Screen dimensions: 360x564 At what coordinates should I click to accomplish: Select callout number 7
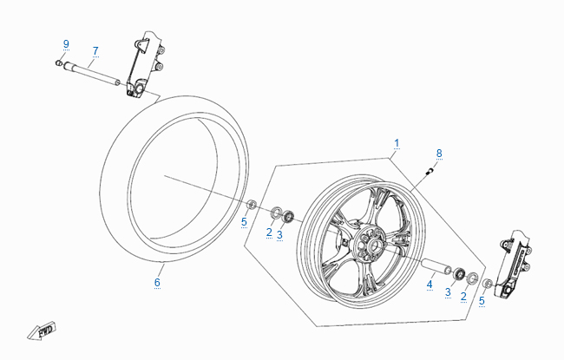click(x=95, y=50)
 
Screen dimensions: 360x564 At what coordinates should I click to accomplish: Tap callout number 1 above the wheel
click(x=397, y=142)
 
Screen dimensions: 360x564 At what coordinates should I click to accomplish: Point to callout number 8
click(x=439, y=153)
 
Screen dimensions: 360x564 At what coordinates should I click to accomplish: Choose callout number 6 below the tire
click(x=158, y=283)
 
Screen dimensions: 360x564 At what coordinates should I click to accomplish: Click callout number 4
click(x=430, y=283)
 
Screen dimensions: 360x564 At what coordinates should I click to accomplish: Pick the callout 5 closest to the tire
click(x=244, y=222)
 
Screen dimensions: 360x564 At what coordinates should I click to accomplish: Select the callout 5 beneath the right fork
click(x=482, y=301)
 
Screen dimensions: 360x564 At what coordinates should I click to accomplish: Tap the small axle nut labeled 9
click(x=59, y=63)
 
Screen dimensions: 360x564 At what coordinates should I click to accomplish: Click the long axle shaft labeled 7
click(x=92, y=75)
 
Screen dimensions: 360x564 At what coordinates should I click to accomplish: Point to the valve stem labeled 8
click(x=430, y=173)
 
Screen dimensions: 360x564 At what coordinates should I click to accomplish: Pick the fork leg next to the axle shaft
click(x=141, y=65)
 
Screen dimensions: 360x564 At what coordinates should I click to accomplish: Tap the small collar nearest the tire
click(x=252, y=205)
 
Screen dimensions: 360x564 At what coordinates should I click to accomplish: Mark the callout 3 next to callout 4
click(x=448, y=292)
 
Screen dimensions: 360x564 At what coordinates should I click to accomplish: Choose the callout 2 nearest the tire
click(x=269, y=232)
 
